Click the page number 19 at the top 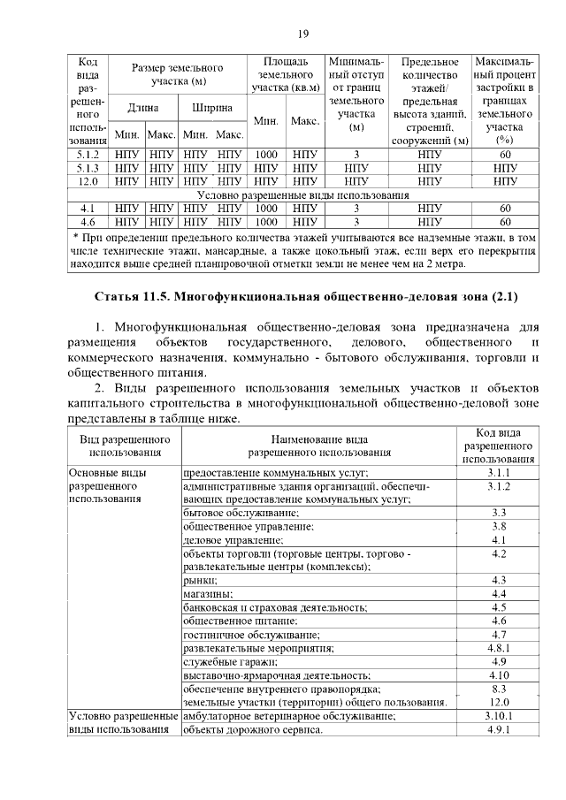tap(302, 34)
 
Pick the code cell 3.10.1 tap(499, 715)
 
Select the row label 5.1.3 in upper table tap(88, 167)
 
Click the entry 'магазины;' tap(209, 594)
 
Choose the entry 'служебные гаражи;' tap(228, 661)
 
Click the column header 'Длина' tap(142, 107)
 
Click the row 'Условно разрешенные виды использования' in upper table tap(303, 194)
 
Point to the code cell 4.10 tap(499, 674)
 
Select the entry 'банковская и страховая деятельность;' tap(275, 607)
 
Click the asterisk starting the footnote tap(76, 237)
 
